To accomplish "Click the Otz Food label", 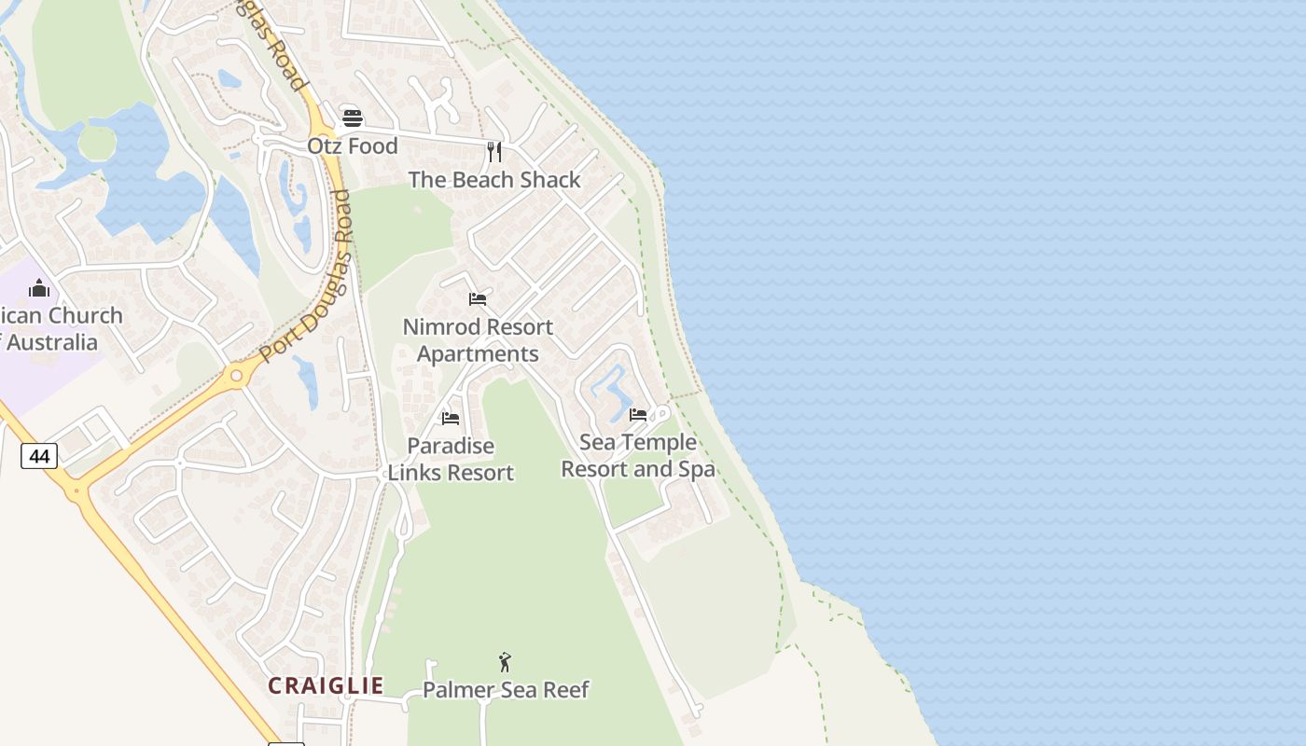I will tap(353, 146).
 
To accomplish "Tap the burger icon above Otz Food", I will tap(352, 118).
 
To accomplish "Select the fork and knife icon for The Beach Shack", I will tap(494, 151).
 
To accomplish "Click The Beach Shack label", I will tap(494, 180).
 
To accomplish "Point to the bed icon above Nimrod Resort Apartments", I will tap(478, 299).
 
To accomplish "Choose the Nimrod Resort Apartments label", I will tap(478, 340).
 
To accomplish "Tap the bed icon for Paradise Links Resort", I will tap(451, 419).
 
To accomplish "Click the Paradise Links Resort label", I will tap(451, 460).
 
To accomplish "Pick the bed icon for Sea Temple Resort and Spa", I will tap(638, 414).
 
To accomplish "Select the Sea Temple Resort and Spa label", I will tap(638, 455).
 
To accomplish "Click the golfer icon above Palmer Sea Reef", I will tap(505, 662).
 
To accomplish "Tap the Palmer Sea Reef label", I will tap(506, 690).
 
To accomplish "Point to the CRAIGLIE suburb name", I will tap(326, 686).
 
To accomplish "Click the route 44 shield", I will tap(39, 456).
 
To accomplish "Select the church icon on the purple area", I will tap(39, 288).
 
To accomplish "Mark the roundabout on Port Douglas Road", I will tap(236, 377).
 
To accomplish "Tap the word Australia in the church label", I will tap(52, 342).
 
